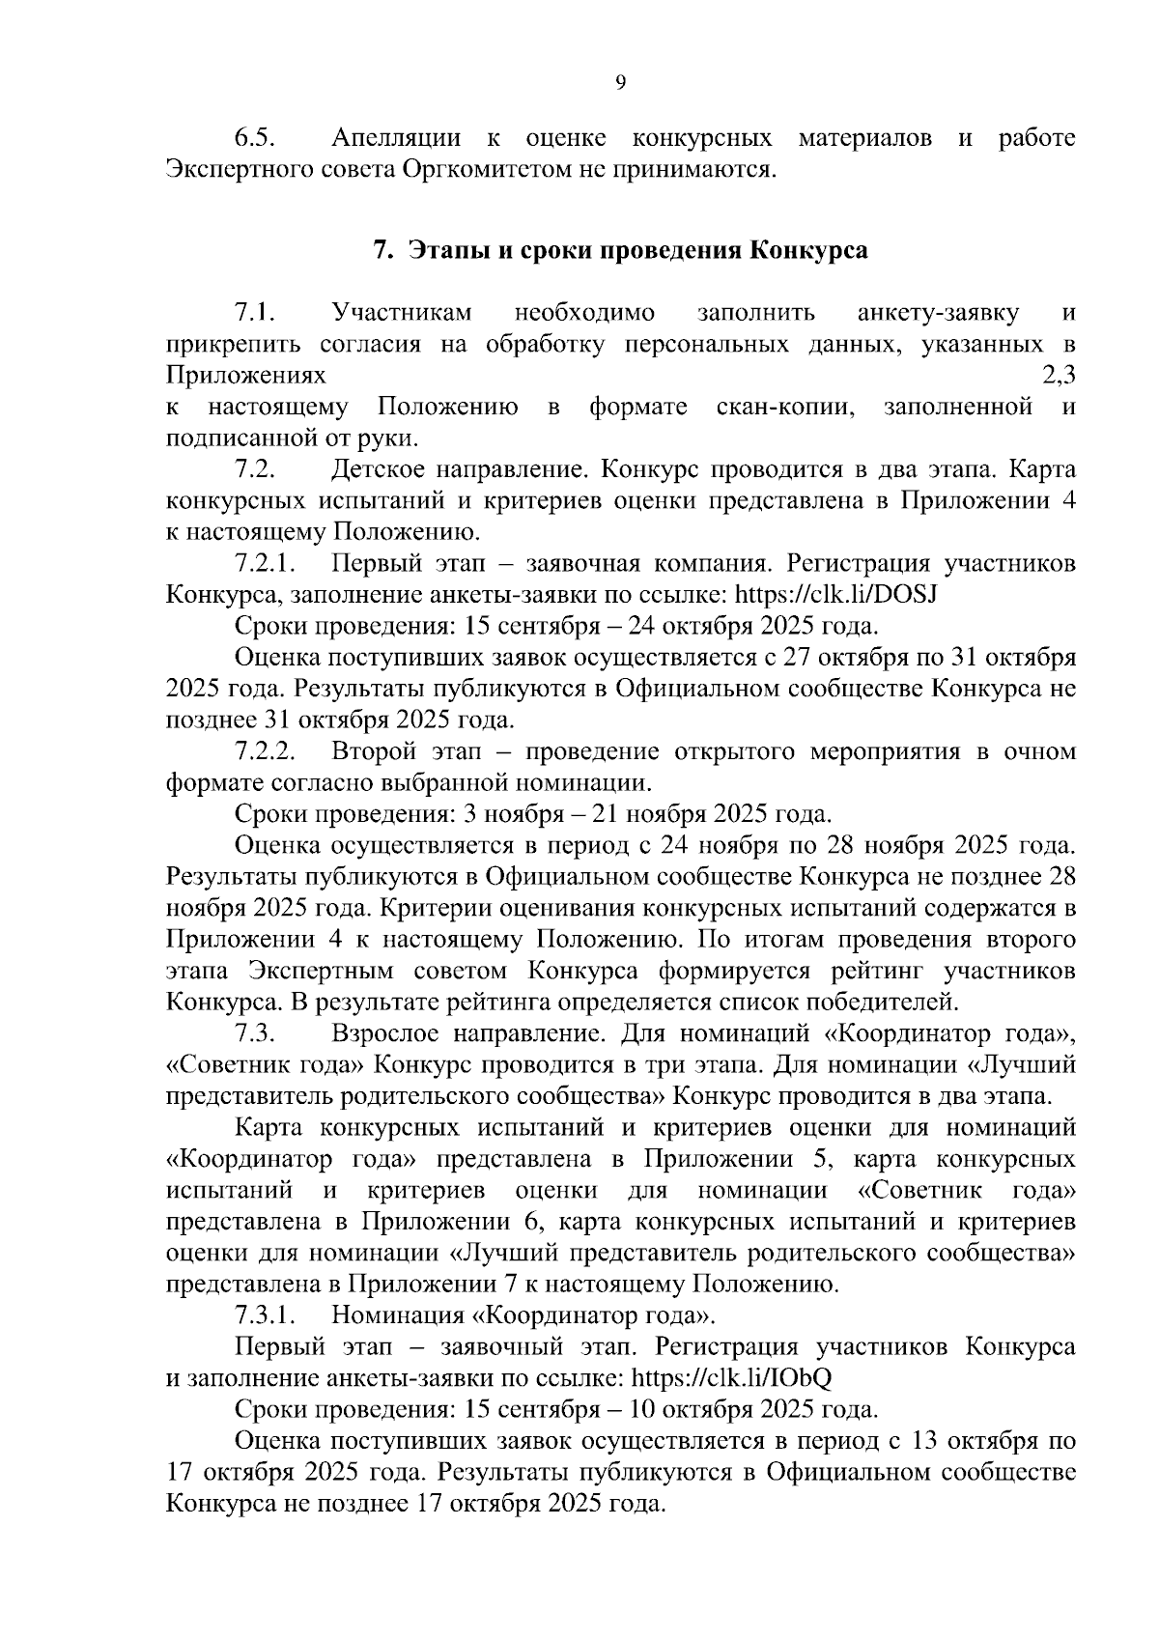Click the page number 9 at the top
click(620, 83)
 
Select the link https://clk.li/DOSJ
click(836, 594)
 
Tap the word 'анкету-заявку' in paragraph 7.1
click(938, 313)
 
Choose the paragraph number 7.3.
click(255, 1033)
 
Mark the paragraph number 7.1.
click(255, 313)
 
